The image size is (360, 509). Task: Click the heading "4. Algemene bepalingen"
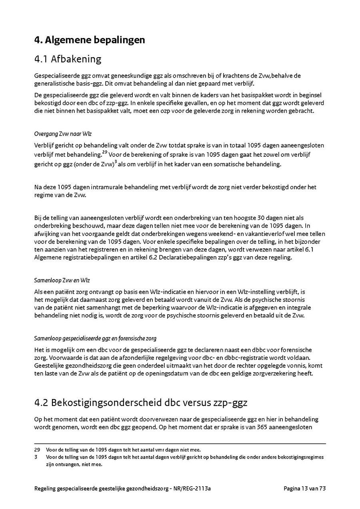click(x=90, y=40)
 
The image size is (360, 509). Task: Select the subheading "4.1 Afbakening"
click(x=68, y=59)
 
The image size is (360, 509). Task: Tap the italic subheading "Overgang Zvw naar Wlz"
click(x=63, y=134)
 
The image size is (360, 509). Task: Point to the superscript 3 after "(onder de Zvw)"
click(x=116, y=161)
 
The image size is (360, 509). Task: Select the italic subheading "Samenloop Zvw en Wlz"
click(x=62, y=280)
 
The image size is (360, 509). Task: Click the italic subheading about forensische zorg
click(x=95, y=338)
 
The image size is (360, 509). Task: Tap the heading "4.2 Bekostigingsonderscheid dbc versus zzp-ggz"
click(x=141, y=402)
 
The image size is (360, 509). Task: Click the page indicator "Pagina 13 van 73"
click(x=305, y=488)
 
